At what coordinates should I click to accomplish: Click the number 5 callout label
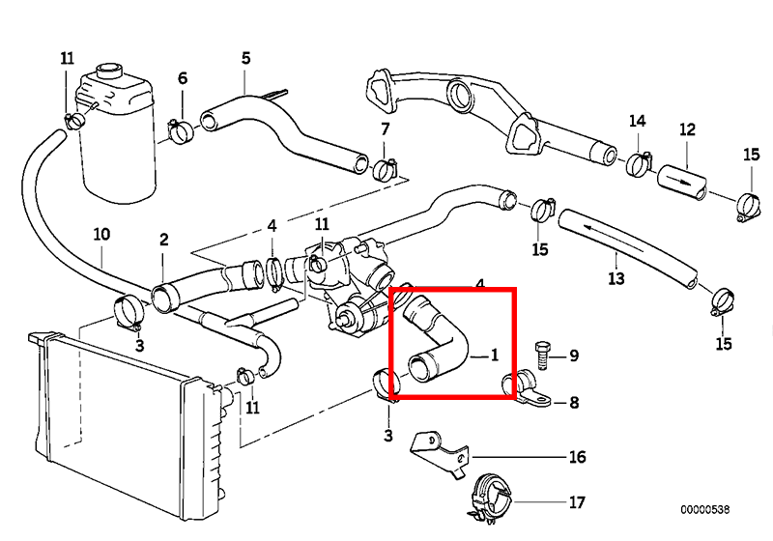246,59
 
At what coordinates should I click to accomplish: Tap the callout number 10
101,234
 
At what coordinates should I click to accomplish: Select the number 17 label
577,502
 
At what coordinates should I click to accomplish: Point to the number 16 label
577,457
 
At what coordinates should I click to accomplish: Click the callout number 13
616,279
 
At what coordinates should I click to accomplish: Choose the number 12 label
687,129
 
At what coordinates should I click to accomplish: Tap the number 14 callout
637,121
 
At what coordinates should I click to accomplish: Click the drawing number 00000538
705,509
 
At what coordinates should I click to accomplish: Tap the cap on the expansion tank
109,70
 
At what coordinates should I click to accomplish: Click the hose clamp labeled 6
181,130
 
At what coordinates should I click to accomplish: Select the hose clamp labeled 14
639,164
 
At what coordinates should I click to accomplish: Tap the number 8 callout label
574,403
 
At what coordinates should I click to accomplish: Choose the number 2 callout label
164,240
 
